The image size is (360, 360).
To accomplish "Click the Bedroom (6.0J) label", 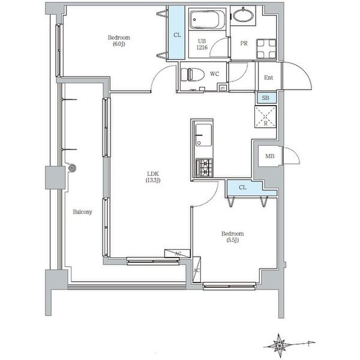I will (x=118, y=41).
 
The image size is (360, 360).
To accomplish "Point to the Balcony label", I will (x=82, y=212).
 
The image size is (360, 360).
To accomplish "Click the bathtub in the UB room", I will (x=207, y=21).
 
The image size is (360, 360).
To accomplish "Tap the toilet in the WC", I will (x=190, y=76).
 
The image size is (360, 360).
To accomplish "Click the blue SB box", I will (x=265, y=98).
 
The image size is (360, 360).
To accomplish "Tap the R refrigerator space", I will (x=265, y=115).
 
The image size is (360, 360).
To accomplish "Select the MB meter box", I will (x=269, y=157).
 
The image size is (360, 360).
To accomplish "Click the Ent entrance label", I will (x=268, y=77).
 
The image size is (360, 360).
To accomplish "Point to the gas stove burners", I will (x=204, y=167).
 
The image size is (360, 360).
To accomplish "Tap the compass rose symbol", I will (x=280, y=344).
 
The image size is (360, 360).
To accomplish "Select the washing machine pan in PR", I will (x=265, y=47).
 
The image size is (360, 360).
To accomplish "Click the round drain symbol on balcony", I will (x=72, y=169).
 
